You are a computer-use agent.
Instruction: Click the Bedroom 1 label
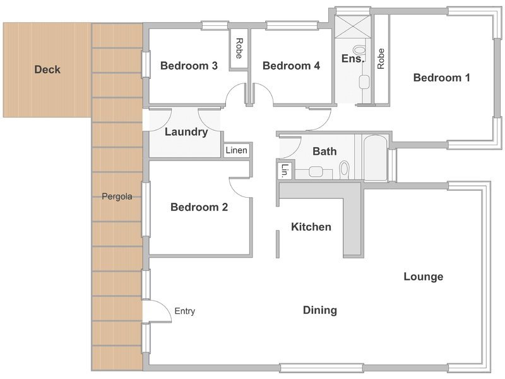(441, 78)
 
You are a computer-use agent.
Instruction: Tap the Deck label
(47, 69)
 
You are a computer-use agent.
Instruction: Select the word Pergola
(117, 196)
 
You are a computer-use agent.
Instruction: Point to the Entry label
(184, 311)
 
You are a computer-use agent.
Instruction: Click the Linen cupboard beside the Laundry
(237, 150)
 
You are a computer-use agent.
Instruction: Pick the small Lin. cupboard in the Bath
(284, 170)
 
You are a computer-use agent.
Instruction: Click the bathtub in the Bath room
(375, 157)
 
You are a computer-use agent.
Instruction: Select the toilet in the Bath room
(344, 169)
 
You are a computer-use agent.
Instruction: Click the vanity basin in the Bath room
(316, 171)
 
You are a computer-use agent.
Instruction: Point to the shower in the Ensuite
(352, 27)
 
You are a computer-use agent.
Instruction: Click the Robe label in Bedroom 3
(239, 49)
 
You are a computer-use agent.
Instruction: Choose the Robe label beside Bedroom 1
(381, 58)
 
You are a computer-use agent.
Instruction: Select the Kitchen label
(311, 227)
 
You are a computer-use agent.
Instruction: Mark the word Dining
(320, 310)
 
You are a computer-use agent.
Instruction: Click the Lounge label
(424, 277)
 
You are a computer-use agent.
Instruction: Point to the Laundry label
(186, 132)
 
